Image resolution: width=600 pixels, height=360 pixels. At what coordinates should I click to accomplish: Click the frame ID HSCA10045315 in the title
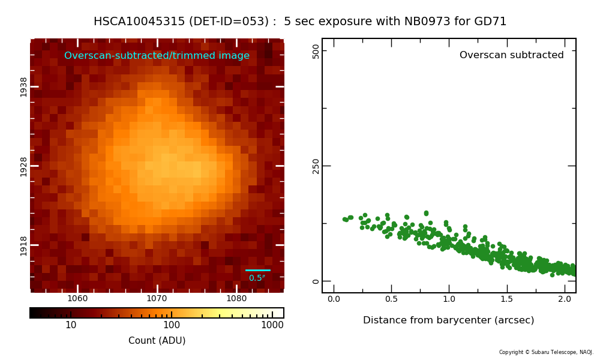pyautogui.click(x=139, y=22)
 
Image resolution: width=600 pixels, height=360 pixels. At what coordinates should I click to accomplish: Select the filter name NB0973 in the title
pyautogui.click(x=427, y=22)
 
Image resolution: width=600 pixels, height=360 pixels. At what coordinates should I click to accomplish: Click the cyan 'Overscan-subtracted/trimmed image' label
pyautogui.click(x=157, y=55)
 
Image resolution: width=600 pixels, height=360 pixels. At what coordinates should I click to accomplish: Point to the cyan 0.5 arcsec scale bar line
pyautogui.click(x=258, y=271)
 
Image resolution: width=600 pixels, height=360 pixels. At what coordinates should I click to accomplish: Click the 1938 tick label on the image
pyautogui.click(x=24, y=87)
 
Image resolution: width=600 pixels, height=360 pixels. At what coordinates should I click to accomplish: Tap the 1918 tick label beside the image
pyautogui.click(x=24, y=245)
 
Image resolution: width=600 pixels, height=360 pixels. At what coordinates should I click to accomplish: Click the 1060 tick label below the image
pyautogui.click(x=77, y=298)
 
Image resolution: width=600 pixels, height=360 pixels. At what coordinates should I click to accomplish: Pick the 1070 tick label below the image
pyautogui.click(x=157, y=298)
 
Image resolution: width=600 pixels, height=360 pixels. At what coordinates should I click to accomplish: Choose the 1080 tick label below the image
pyautogui.click(x=236, y=298)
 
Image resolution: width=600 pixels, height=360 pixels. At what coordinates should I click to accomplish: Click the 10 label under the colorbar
pyautogui.click(x=71, y=325)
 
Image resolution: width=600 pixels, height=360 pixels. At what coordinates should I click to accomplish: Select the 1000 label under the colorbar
pyautogui.click(x=272, y=325)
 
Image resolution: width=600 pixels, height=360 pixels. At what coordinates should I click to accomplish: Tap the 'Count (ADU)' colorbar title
pyautogui.click(x=157, y=340)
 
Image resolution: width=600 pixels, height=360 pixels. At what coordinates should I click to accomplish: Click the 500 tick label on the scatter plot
pyautogui.click(x=316, y=51)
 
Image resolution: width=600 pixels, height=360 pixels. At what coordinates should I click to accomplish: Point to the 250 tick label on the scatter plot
pyautogui.click(x=316, y=166)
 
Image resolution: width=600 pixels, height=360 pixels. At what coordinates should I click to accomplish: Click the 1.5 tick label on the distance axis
pyautogui.click(x=506, y=299)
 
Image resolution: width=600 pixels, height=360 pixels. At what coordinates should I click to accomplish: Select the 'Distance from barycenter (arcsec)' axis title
pyautogui.click(x=448, y=320)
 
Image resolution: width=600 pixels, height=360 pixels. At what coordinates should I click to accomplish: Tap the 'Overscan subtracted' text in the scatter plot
pyautogui.click(x=512, y=55)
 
